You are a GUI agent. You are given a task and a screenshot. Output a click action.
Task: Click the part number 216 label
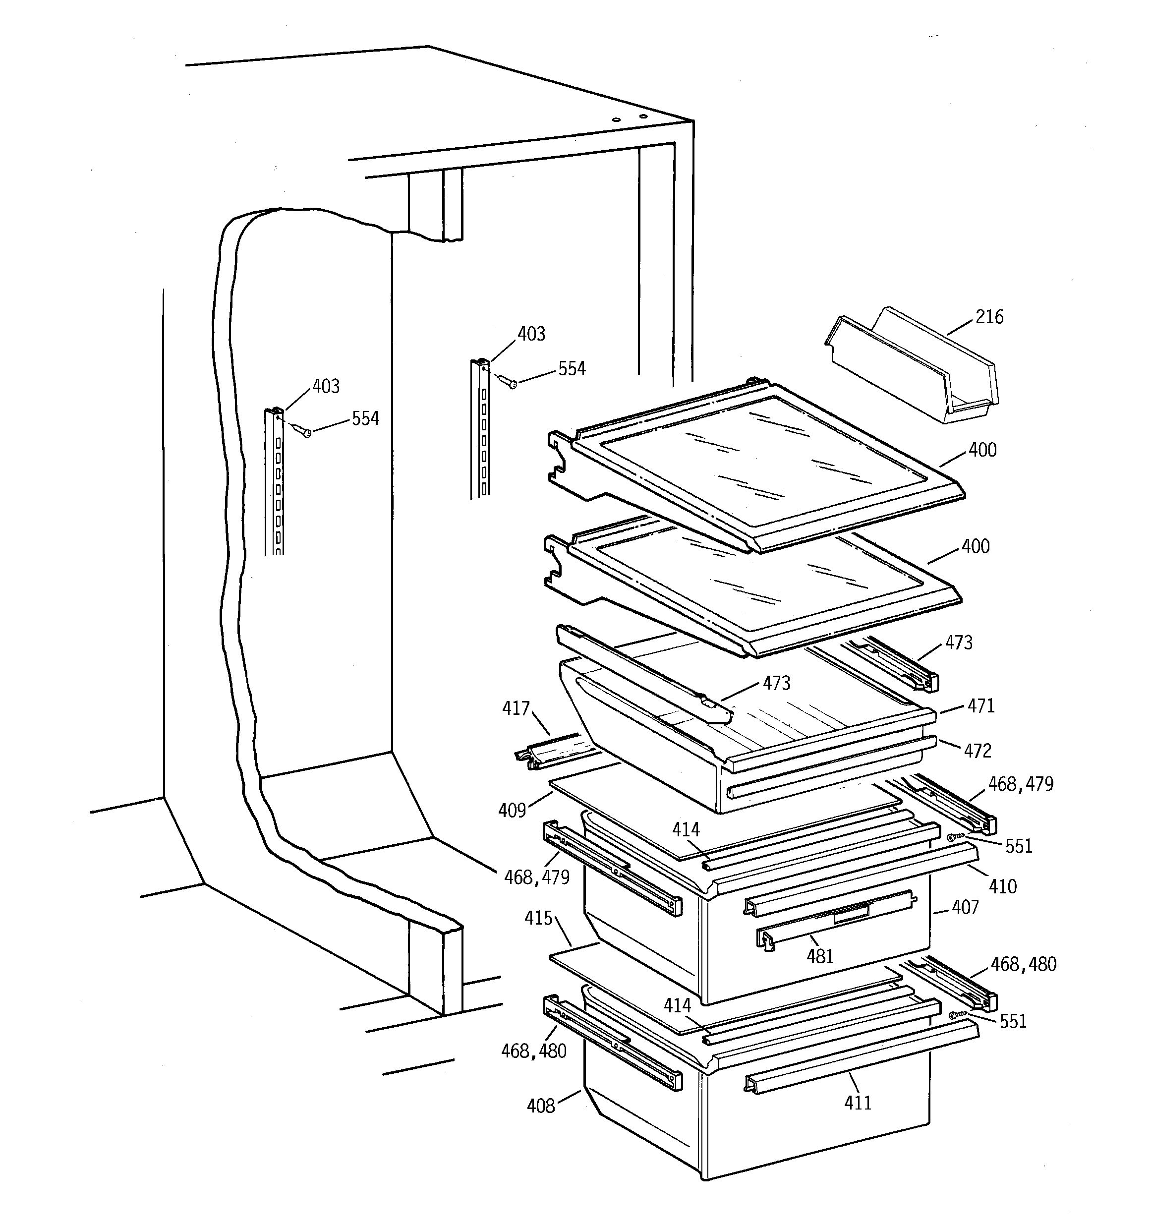click(x=989, y=317)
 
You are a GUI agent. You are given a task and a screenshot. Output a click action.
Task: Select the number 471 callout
click(x=981, y=706)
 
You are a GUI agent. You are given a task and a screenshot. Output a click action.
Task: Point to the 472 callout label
click(x=977, y=751)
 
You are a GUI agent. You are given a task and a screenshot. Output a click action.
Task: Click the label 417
click(x=516, y=708)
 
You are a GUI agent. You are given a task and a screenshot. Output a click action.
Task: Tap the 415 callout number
click(x=538, y=919)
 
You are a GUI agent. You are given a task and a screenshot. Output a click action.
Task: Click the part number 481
click(x=820, y=956)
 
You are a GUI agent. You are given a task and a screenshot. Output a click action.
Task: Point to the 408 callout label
click(x=541, y=1106)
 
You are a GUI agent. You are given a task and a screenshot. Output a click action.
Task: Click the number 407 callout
click(x=965, y=907)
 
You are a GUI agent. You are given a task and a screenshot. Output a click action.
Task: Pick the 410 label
click(x=1002, y=887)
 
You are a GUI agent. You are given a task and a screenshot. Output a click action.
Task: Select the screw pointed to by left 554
click(x=305, y=433)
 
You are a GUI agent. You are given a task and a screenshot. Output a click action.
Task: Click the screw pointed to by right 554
click(x=511, y=384)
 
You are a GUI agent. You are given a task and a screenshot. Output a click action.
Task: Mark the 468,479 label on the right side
click(x=1020, y=784)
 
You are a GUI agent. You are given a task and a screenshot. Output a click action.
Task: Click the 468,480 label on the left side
click(x=533, y=1051)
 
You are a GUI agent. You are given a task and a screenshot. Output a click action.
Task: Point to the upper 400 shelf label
click(x=982, y=451)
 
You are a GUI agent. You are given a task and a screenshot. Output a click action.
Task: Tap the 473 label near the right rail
click(x=959, y=643)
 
